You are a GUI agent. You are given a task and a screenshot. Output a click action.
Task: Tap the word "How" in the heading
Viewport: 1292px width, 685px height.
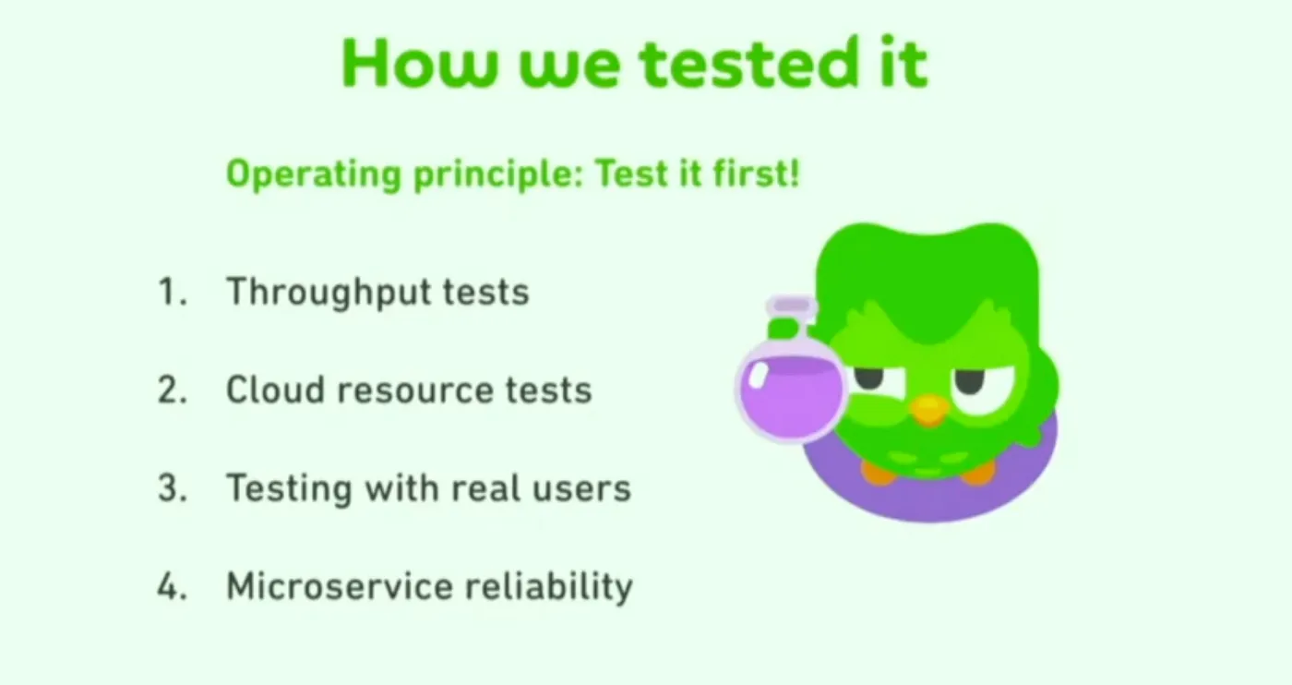pos(419,64)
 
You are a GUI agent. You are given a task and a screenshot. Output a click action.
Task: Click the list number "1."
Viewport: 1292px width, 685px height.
pos(173,291)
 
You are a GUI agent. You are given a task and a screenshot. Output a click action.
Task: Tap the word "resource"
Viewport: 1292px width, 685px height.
pos(416,391)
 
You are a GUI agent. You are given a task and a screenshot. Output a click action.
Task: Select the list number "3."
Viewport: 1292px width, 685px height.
pos(173,487)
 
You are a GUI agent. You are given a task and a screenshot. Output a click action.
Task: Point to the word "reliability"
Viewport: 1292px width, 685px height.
pos(549,587)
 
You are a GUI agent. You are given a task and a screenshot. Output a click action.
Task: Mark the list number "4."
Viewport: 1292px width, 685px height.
pos(173,585)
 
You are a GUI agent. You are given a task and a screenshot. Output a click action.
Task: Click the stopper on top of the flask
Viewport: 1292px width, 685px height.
pos(792,304)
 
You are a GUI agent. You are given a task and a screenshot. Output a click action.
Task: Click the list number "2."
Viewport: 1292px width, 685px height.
pos(173,390)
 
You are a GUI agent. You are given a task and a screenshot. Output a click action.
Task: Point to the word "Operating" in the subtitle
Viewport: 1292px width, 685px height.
pos(314,174)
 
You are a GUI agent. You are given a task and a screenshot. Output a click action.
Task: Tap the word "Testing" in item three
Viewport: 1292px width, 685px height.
pos(290,489)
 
